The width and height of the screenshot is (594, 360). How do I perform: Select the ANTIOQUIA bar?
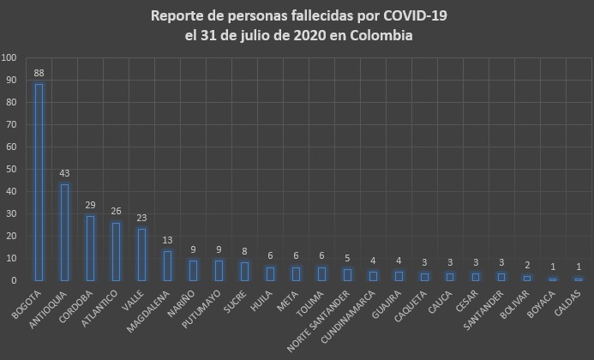click(x=64, y=231)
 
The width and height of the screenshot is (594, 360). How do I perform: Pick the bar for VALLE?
click(x=141, y=254)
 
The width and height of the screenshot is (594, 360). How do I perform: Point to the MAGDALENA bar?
click(x=167, y=265)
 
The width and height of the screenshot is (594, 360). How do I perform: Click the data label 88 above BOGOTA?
click(x=39, y=74)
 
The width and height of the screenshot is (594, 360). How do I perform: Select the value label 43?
click(x=64, y=174)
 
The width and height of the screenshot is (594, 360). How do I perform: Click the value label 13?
click(x=167, y=241)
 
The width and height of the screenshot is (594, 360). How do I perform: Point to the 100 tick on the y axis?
click(x=9, y=58)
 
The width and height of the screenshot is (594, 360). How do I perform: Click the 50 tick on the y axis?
click(x=11, y=169)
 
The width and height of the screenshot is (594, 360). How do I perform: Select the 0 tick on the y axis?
click(x=14, y=280)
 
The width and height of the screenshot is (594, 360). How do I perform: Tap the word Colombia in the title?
click(x=378, y=36)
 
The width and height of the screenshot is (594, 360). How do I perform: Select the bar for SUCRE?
click(x=244, y=271)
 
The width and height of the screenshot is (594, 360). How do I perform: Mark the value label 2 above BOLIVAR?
click(x=527, y=266)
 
